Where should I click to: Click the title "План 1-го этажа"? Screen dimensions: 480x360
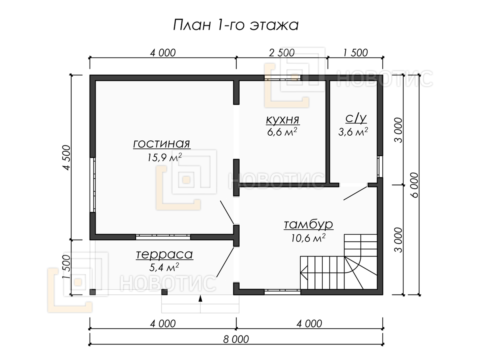(x=236, y=25)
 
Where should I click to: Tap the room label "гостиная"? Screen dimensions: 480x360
(x=162, y=144)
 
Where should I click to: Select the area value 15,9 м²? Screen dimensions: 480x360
(x=165, y=157)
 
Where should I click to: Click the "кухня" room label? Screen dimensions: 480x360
(x=282, y=120)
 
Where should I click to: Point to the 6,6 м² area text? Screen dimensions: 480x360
(x=282, y=132)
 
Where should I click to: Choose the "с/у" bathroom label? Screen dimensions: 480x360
(x=356, y=118)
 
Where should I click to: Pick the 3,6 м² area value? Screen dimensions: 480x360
(x=353, y=132)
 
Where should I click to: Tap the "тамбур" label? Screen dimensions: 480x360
(x=308, y=225)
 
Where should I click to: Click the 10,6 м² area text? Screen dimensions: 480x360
(x=308, y=238)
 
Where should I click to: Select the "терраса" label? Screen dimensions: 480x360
(x=164, y=255)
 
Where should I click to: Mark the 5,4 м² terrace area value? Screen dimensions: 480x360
(x=164, y=267)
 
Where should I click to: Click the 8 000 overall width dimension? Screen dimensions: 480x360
(x=236, y=340)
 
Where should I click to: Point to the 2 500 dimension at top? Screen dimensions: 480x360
(x=282, y=53)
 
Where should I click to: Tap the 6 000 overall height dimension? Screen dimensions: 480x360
(x=415, y=185)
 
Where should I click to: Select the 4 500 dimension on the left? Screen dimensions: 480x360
(x=67, y=157)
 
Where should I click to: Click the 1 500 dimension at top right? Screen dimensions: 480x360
(x=355, y=53)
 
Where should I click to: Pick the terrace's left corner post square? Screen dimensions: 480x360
(x=93, y=292)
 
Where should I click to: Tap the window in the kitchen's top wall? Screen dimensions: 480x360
(x=282, y=78)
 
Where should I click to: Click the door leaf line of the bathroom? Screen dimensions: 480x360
(x=355, y=193)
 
